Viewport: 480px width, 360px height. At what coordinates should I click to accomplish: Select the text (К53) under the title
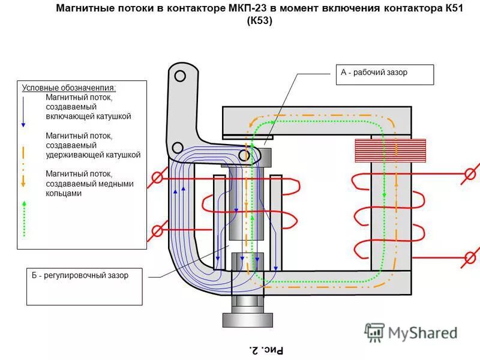click(259, 21)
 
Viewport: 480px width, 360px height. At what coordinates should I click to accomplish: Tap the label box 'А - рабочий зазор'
click(382, 73)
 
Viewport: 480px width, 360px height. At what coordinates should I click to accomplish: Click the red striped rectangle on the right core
click(390, 151)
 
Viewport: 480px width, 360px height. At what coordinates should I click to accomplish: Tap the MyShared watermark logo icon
click(375, 332)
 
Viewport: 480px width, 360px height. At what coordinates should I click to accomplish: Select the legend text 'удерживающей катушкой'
click(93, 155)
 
